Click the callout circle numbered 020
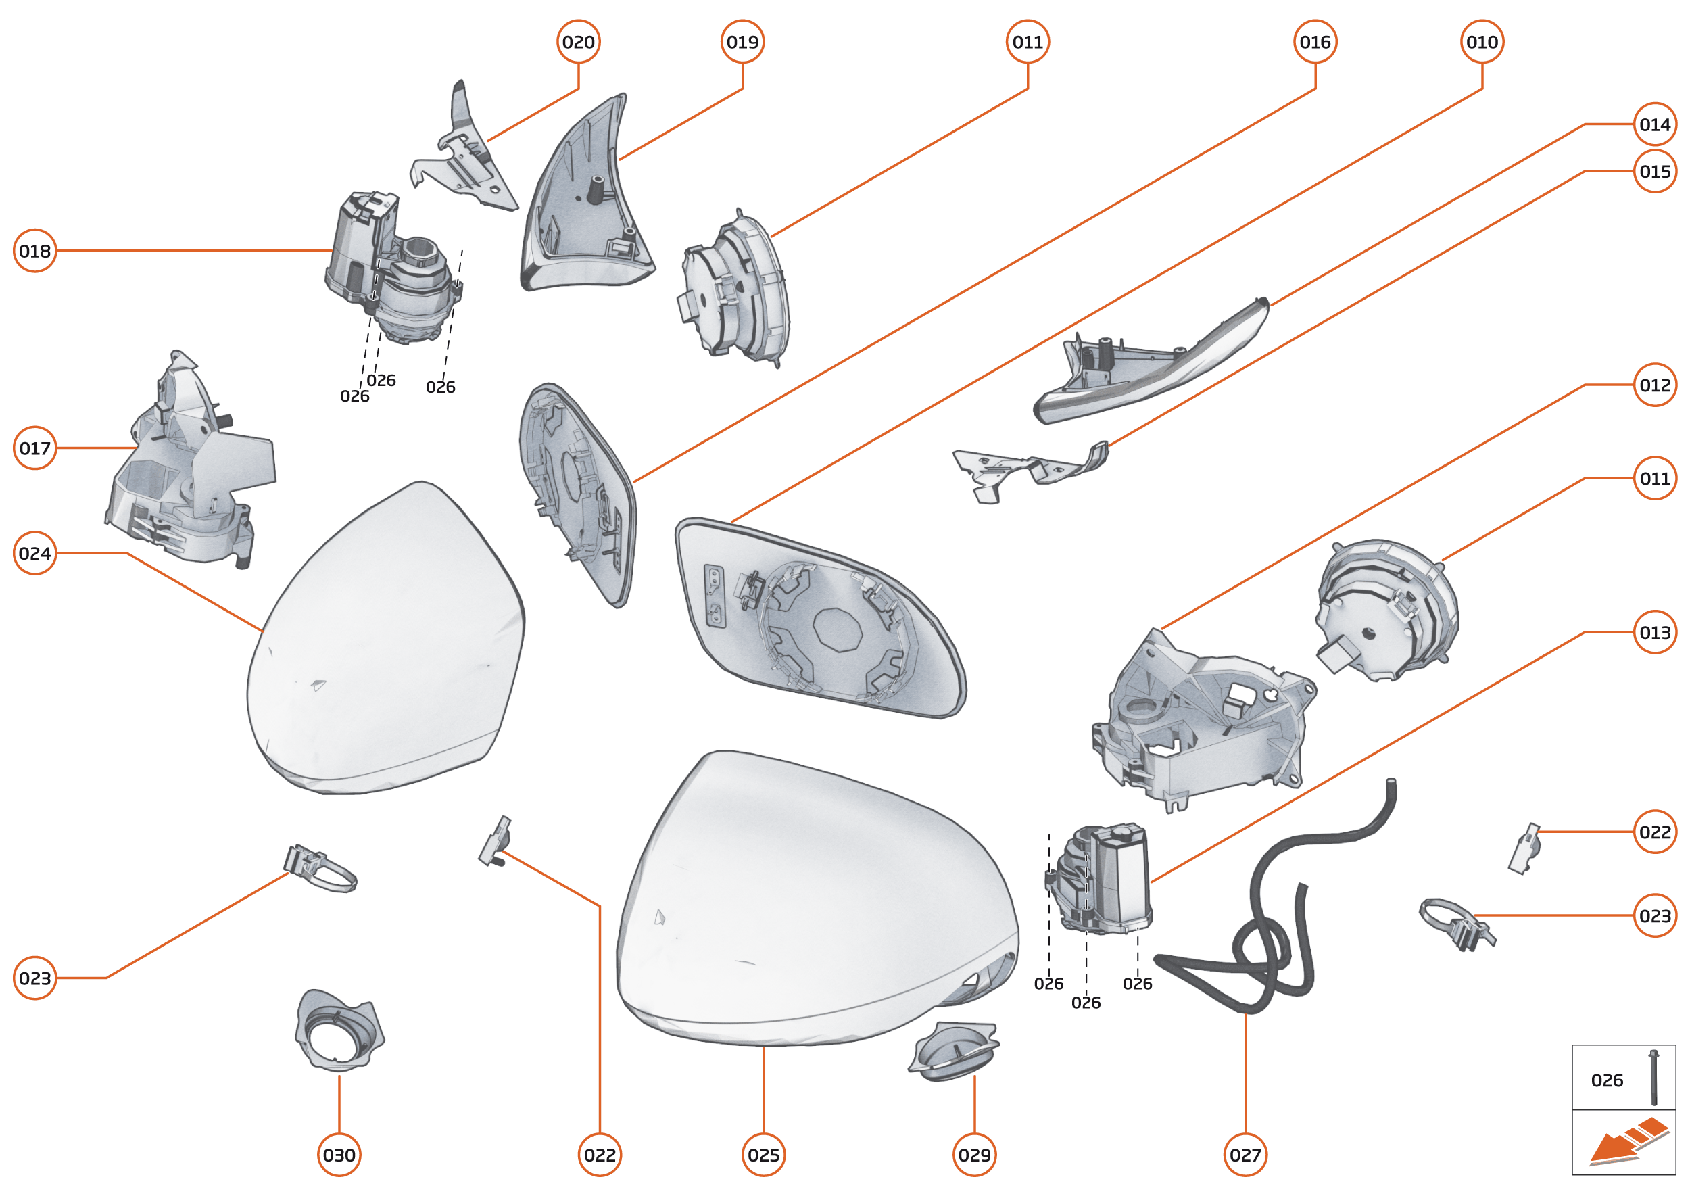[x=578, y=42]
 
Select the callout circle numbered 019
[x=742, y=42]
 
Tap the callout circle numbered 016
[x=1315, y=42]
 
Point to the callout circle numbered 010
[x=1482, y=42]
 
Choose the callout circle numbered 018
[x=34, y=251]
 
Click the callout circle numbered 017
[x=34, y=448]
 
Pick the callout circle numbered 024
[x=34, y=553]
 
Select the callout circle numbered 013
[x=1656, y=632]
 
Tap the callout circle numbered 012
[x=1656, y=385]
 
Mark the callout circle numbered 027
[x=1245, y=1155]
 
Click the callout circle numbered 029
[x=974, y=1155]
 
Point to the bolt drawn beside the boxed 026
[x=1654, y=1078]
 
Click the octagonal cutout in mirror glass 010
[x=838, y=629]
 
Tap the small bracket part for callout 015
[x=1031, y=470]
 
